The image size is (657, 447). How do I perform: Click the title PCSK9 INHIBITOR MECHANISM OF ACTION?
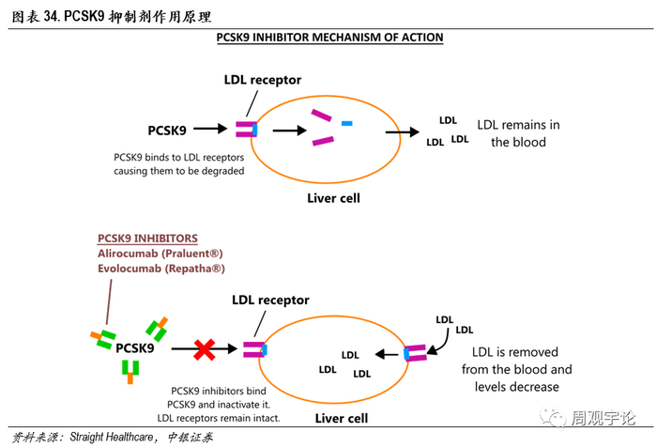(329, 38)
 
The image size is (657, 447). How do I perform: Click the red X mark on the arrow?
(205, 349)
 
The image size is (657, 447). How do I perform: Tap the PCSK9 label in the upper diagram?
(174, 129)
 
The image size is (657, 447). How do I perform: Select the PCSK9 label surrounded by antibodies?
(135, 348)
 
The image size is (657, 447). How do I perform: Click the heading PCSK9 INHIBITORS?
(147, 239)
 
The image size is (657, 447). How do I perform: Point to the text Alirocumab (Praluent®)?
(160, 254)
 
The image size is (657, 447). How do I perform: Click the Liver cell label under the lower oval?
(342, 417)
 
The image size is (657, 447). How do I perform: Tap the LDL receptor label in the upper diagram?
(262, 81)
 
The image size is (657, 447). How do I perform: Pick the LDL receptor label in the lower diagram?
(269, 301)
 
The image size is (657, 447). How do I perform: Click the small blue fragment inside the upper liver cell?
(347, 123)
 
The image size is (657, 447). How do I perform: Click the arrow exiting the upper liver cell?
(406, 132)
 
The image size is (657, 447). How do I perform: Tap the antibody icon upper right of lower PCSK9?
(156, 329)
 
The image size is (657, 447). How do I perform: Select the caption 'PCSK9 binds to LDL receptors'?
(178, 157)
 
